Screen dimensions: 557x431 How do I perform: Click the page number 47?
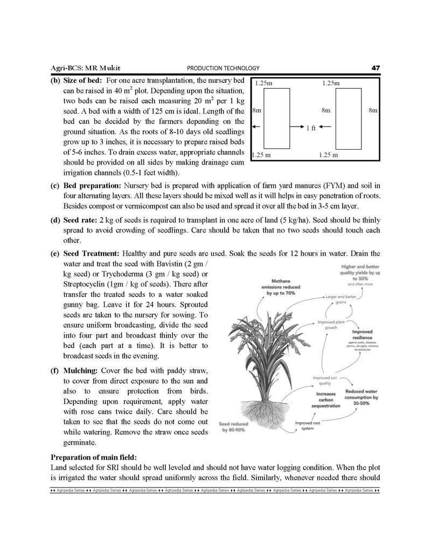(376, 68)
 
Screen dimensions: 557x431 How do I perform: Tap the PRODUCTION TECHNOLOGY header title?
(223, 68)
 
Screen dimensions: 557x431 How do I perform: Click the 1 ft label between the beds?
(311, 129)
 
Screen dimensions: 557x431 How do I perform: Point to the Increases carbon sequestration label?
(326, 400)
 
